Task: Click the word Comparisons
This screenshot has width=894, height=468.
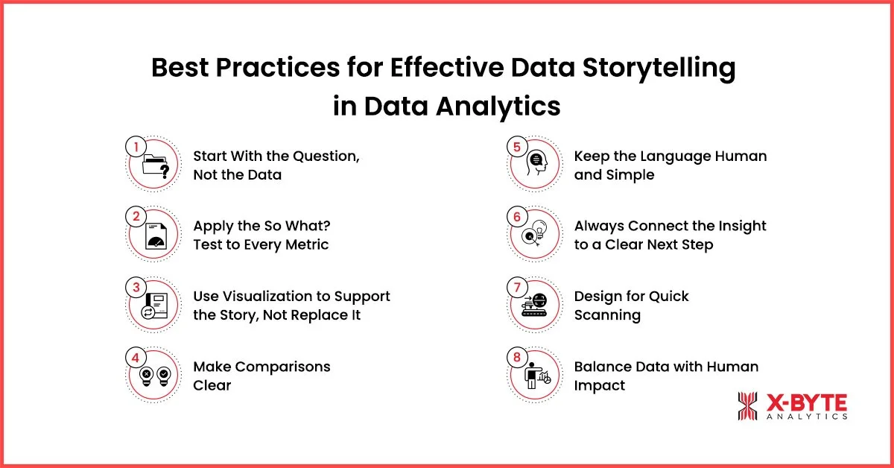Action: pos(287,366)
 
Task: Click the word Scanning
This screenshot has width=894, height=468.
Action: pos(607,315)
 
